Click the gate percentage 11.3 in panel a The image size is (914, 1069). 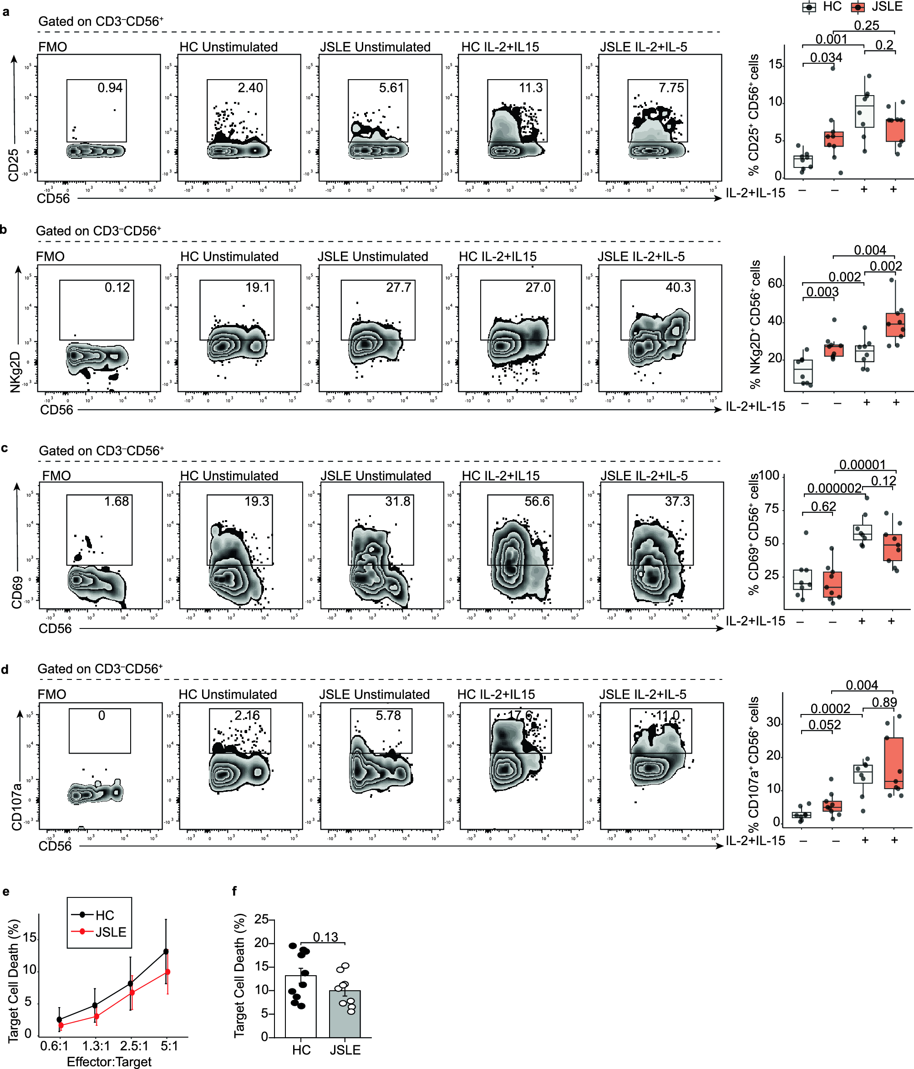531,88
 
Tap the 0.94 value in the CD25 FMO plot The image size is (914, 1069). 110,88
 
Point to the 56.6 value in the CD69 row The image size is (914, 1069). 537,502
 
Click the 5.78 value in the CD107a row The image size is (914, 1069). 388,715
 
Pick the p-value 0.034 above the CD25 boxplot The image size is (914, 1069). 826,58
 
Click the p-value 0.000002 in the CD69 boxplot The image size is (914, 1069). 834,488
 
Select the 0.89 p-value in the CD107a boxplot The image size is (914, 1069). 884,702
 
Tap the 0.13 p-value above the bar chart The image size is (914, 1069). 325,937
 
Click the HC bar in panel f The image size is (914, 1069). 301,1006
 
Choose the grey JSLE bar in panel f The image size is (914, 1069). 345,1013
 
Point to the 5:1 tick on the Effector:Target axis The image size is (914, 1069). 169,1046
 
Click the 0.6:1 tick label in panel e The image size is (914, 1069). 54,1046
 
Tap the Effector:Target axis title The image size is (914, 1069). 109,1061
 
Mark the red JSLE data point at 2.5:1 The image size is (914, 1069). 132,992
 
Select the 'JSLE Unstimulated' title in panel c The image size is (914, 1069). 376,476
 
